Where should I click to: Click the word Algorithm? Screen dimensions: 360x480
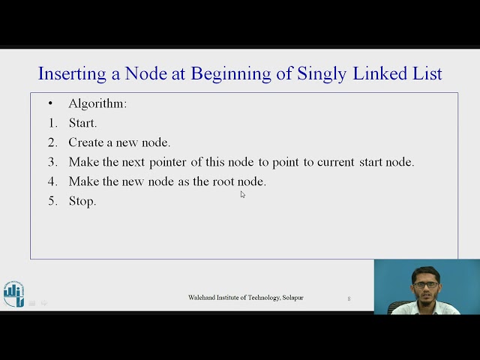(97, 103)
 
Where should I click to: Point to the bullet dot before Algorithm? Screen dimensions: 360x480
(50, 103)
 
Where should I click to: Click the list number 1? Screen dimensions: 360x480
(52, 123)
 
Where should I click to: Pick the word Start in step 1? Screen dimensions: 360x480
(82, 123)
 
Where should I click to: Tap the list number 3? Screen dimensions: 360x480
(52, 162)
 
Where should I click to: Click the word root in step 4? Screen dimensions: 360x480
(223, 181)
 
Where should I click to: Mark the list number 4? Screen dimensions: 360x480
(52, 181)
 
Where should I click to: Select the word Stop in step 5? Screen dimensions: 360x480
(82, 201)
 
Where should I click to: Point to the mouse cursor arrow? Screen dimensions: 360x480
(242, 194)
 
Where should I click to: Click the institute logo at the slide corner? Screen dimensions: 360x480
(13, 294)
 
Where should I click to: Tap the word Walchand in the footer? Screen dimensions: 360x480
(203, 298)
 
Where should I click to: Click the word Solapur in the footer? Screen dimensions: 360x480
(292, 298)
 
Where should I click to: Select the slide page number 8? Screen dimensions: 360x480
(349, 298)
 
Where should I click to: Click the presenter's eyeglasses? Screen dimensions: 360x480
(425, 284)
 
